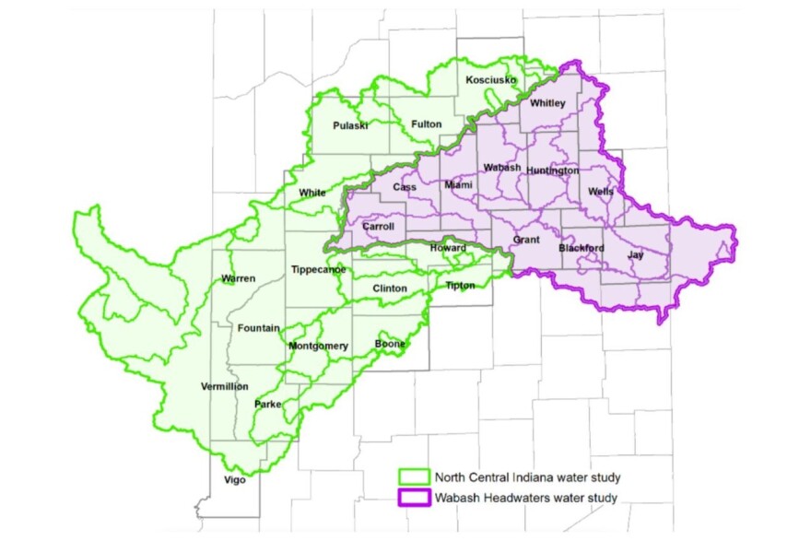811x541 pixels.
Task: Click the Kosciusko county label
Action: [x=490, y=81]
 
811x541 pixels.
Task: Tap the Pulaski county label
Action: [x=350, y=124]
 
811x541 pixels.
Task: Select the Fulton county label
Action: [x=426, y=124]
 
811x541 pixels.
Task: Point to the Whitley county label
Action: [x=547, y=103]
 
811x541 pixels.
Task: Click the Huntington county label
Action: [x=555, y=171]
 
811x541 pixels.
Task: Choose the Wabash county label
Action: [x=502, y=167]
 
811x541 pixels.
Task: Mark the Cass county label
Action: [x=405, y=187]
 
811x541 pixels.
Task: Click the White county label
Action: [x=312, y=193]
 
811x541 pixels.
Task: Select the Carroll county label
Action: [x=378, y=226]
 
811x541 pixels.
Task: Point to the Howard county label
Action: [x=449, y=248]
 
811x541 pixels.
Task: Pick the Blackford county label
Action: [x=582, y=249]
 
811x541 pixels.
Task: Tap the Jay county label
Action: [x=636, y=254]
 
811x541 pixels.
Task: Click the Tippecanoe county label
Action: [x=318, y=269]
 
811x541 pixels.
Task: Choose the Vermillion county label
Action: [x=225, y=386]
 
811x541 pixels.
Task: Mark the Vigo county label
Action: [x=235, y=479]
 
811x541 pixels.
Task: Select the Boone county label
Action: [x=390, y=345]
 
